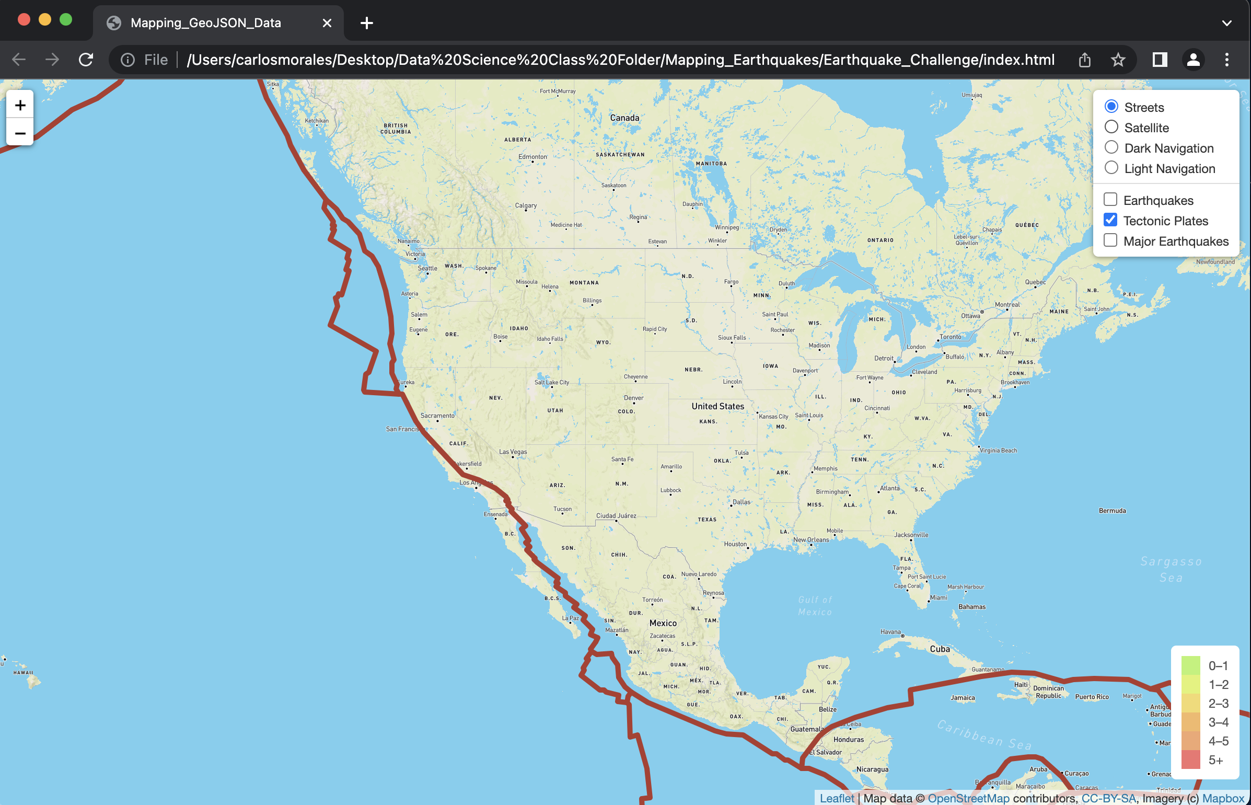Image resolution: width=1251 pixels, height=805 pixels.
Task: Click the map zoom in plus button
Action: (20, 105)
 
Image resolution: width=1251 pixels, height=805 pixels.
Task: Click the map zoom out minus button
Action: (20, 133)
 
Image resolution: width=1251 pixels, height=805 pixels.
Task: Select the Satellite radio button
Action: (1111, 127)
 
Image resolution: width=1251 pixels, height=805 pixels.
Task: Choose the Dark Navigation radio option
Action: (1111, 147)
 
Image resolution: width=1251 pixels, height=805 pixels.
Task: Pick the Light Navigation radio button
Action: (1111, 168)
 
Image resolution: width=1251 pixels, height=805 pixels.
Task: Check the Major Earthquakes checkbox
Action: (1110, 240)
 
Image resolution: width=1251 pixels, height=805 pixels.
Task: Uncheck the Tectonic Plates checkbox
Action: (1110, 220)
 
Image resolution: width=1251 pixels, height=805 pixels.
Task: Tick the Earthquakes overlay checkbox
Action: (1110, 200)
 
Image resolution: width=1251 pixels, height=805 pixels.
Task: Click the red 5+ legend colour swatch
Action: (1191, 760)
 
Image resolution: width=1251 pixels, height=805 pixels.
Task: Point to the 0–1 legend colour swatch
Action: (1191, 665)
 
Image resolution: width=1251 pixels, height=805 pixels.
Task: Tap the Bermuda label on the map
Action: (1112, 511)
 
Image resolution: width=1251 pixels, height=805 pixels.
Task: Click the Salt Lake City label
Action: (552, 382)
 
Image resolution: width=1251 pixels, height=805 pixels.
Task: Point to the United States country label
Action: (717, 406)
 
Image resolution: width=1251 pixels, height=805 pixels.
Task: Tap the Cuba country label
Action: (940, 649)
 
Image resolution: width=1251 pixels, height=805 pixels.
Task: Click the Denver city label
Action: (633, 398)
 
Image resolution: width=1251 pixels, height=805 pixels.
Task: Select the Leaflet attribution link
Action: (837, 798)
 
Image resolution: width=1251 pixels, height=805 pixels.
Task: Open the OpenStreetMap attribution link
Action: (968, 798)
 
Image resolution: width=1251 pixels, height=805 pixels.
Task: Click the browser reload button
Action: (86, 60)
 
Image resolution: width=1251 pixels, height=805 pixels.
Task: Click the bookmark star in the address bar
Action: (1118, 60)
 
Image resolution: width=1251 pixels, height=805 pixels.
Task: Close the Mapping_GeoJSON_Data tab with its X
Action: (327, 23)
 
